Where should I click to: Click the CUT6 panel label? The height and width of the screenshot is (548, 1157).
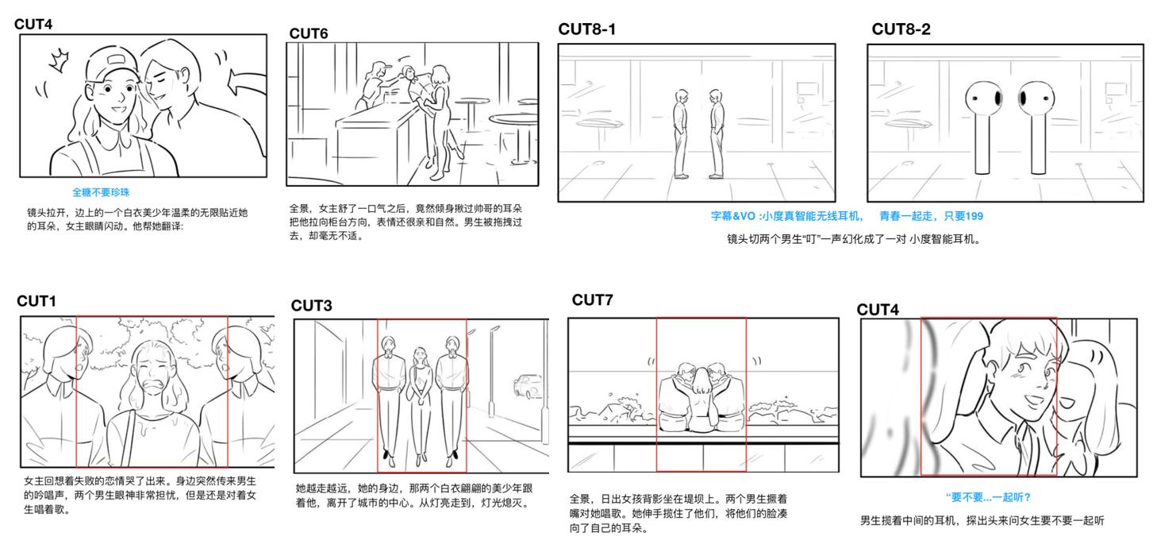[x=308, y=33]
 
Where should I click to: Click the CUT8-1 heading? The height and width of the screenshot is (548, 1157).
[x=586, y=29]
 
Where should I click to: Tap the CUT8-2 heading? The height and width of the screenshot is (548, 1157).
[x=901, y=29]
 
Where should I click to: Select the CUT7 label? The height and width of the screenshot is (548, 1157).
[x=592, y=299]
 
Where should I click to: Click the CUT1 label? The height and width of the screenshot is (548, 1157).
[x=37, y=301]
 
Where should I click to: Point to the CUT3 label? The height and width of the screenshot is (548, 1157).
[x=311, y=306]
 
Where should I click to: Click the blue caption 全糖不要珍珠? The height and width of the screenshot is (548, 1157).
[x=101, y=192]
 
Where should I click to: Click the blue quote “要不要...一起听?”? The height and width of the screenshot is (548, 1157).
[x=988, y=497]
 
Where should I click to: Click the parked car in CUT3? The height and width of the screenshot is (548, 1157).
[x=528, y=387]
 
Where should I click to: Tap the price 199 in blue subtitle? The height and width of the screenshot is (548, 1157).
[x=974, y=216]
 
